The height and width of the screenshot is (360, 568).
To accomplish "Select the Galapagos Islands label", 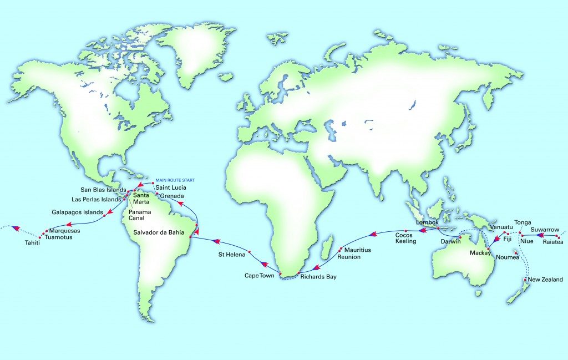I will point(78,212).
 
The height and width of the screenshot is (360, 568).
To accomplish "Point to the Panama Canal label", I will point(139,215).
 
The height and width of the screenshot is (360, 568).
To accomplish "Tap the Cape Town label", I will point(260,275).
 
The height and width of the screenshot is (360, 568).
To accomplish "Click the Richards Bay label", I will point(318,276).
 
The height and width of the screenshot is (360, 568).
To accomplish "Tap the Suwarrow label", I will point(545,229).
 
